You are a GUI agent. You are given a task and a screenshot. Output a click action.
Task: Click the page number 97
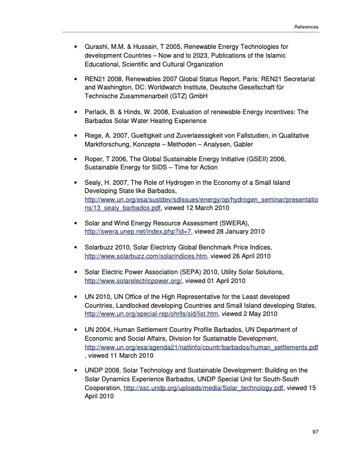click(315, 432)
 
